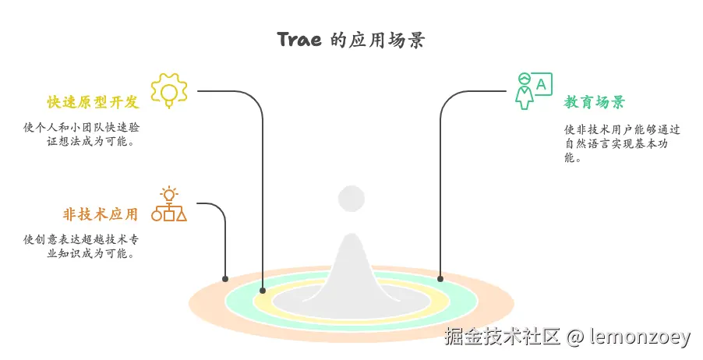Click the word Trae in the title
tap(299, 41)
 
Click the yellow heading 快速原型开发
tap(93, 103)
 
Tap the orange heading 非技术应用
tap(101, 214)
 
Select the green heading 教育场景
tap(594, 103)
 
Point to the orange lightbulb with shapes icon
tap(169, 204)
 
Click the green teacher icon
tap(525, 90)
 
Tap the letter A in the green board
tap(541, 83)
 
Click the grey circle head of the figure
tap(351, 199)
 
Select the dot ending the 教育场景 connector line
tap(440, 278)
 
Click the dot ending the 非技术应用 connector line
tap(225, 278)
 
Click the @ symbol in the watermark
tap(575, 337)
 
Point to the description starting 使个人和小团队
tap(82, 134)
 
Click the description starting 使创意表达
tap(82, 246)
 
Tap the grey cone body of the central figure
tap(351, 265)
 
